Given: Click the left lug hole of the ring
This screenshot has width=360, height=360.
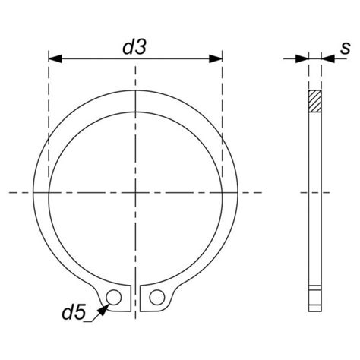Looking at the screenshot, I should [x=114, y=295].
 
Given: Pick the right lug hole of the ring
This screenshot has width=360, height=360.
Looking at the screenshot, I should [x=156, y=295].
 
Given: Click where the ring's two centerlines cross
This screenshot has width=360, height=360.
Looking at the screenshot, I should [x=135, y=192].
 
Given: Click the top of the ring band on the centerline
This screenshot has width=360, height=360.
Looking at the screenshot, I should [x=135, y=103].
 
